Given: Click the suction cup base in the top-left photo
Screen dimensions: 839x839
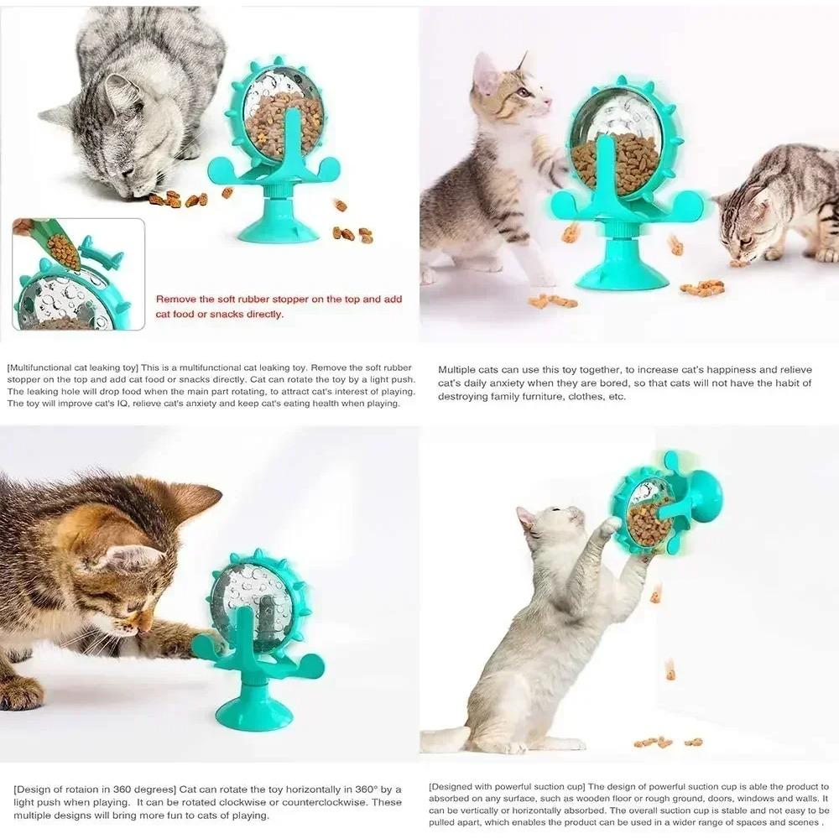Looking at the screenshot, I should (278, 227).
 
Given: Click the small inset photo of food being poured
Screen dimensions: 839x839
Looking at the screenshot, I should (78, 274).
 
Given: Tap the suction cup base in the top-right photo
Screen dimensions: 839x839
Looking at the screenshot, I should (622, 273).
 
